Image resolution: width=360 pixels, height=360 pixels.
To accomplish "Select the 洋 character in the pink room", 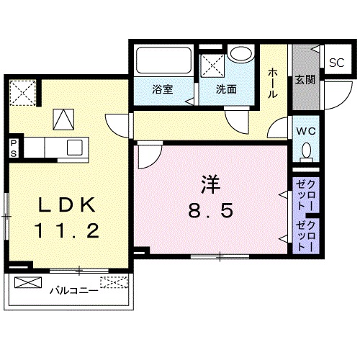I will click(210, 184).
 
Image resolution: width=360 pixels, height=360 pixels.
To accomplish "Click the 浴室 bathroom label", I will click(161, 91).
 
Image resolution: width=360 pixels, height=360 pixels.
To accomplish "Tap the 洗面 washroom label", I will click(226, 91).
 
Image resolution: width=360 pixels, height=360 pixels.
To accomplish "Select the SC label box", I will click(337, 62).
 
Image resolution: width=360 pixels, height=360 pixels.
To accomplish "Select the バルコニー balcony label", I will click(74, 292).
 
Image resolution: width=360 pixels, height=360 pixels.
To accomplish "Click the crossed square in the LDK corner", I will click(22, 91).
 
